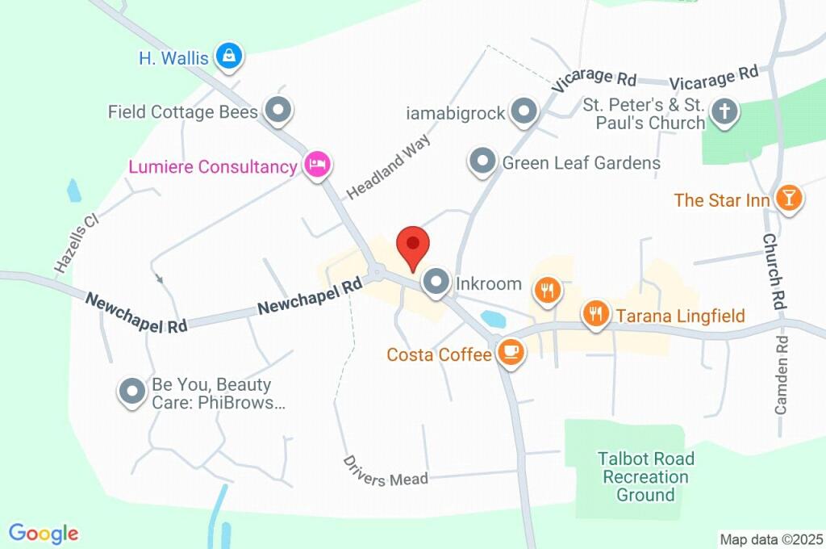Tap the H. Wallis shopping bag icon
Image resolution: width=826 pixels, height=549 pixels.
(230, 57)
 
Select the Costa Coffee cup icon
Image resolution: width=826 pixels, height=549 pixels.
(510, 353)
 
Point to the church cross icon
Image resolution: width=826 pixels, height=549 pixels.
(724, 111)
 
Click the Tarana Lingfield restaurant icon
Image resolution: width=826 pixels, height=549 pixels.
(596, 313)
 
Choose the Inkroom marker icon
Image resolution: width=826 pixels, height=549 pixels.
(437, 283)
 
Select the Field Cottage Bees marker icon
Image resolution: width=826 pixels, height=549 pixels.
(278, 111)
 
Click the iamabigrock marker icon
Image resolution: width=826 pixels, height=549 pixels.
(524, 112)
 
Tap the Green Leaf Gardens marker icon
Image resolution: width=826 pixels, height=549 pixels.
(482, 162)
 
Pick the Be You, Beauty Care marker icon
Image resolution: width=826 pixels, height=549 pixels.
(131, 392)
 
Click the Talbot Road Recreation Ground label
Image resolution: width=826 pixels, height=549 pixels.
(645, 476)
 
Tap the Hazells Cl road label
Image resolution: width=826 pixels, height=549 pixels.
(76, 242)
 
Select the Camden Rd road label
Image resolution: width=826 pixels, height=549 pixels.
(781, 375)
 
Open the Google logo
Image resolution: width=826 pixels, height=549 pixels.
(44, 534)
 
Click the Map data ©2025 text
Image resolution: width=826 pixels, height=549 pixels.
(770, 539)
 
